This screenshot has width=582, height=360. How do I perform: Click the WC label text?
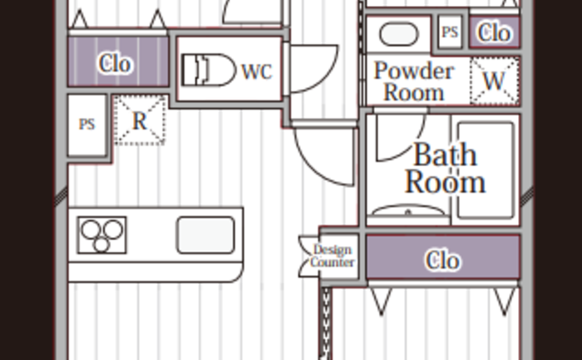pyautogui.click(x=257, y=72)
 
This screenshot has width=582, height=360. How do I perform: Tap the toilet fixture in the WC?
pyautogui.click(x=209, y=70)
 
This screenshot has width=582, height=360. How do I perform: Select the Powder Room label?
pyautogui.click(x=414, y=81)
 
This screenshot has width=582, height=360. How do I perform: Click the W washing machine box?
pyautogui.click(x=495, y=81)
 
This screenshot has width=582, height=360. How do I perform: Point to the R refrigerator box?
pyautogui.click(x=140, y=121)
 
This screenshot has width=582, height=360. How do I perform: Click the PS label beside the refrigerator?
pyautogui.click(x=86, y=124)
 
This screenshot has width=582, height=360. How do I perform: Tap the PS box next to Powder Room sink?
pyautogui.click(x=450, y=32)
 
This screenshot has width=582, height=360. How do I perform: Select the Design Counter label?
pyautogui.click(x=333, y=256)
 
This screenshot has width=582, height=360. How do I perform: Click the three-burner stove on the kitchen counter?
pyautogui.click(x=101, y=235)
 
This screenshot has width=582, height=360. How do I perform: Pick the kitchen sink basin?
pyautogui.click(x=206, y=235)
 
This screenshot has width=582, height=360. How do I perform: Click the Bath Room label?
pyautogui.click(x=445, y=168)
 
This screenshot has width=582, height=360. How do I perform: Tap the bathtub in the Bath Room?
pyautogui.click(x=486, y=170)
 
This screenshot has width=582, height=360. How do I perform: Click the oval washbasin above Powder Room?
pyautogui.click(x=398, y=34)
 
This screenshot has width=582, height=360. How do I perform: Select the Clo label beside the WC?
pyautogui.click(x=115, y=63)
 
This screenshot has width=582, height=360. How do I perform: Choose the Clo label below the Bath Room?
pyautogui.click(x=443, y=259)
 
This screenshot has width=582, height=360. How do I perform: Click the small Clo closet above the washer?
pyautogui.click(x=495, y=32)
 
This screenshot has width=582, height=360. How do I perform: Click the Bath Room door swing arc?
pyautogui.click(x=412, y=145)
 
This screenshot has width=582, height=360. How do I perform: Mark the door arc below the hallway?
pyautogui.click(x=312, y=166)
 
